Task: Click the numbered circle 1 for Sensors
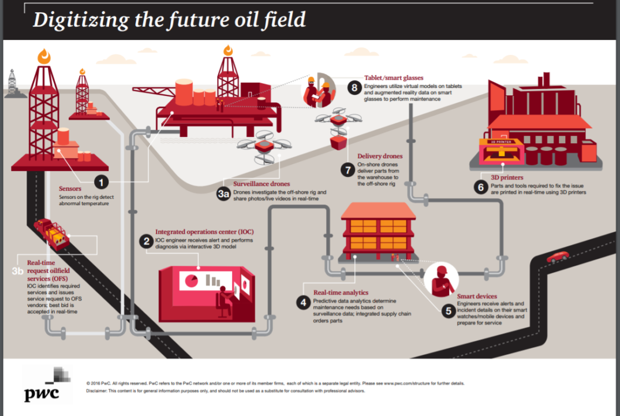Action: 102,182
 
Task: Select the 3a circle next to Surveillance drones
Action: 223,194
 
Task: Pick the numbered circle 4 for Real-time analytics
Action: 303,302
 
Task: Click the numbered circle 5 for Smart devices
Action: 448,310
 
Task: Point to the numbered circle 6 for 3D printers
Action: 480,187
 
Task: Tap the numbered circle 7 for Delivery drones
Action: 347,170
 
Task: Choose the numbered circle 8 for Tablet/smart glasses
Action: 354,88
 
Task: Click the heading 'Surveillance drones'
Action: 262,184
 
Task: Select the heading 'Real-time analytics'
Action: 341,292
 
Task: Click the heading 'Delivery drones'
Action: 380,156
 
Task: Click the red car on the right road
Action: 558,257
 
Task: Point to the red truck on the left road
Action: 51,232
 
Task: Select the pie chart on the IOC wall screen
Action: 189,281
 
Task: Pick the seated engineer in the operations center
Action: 223,300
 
